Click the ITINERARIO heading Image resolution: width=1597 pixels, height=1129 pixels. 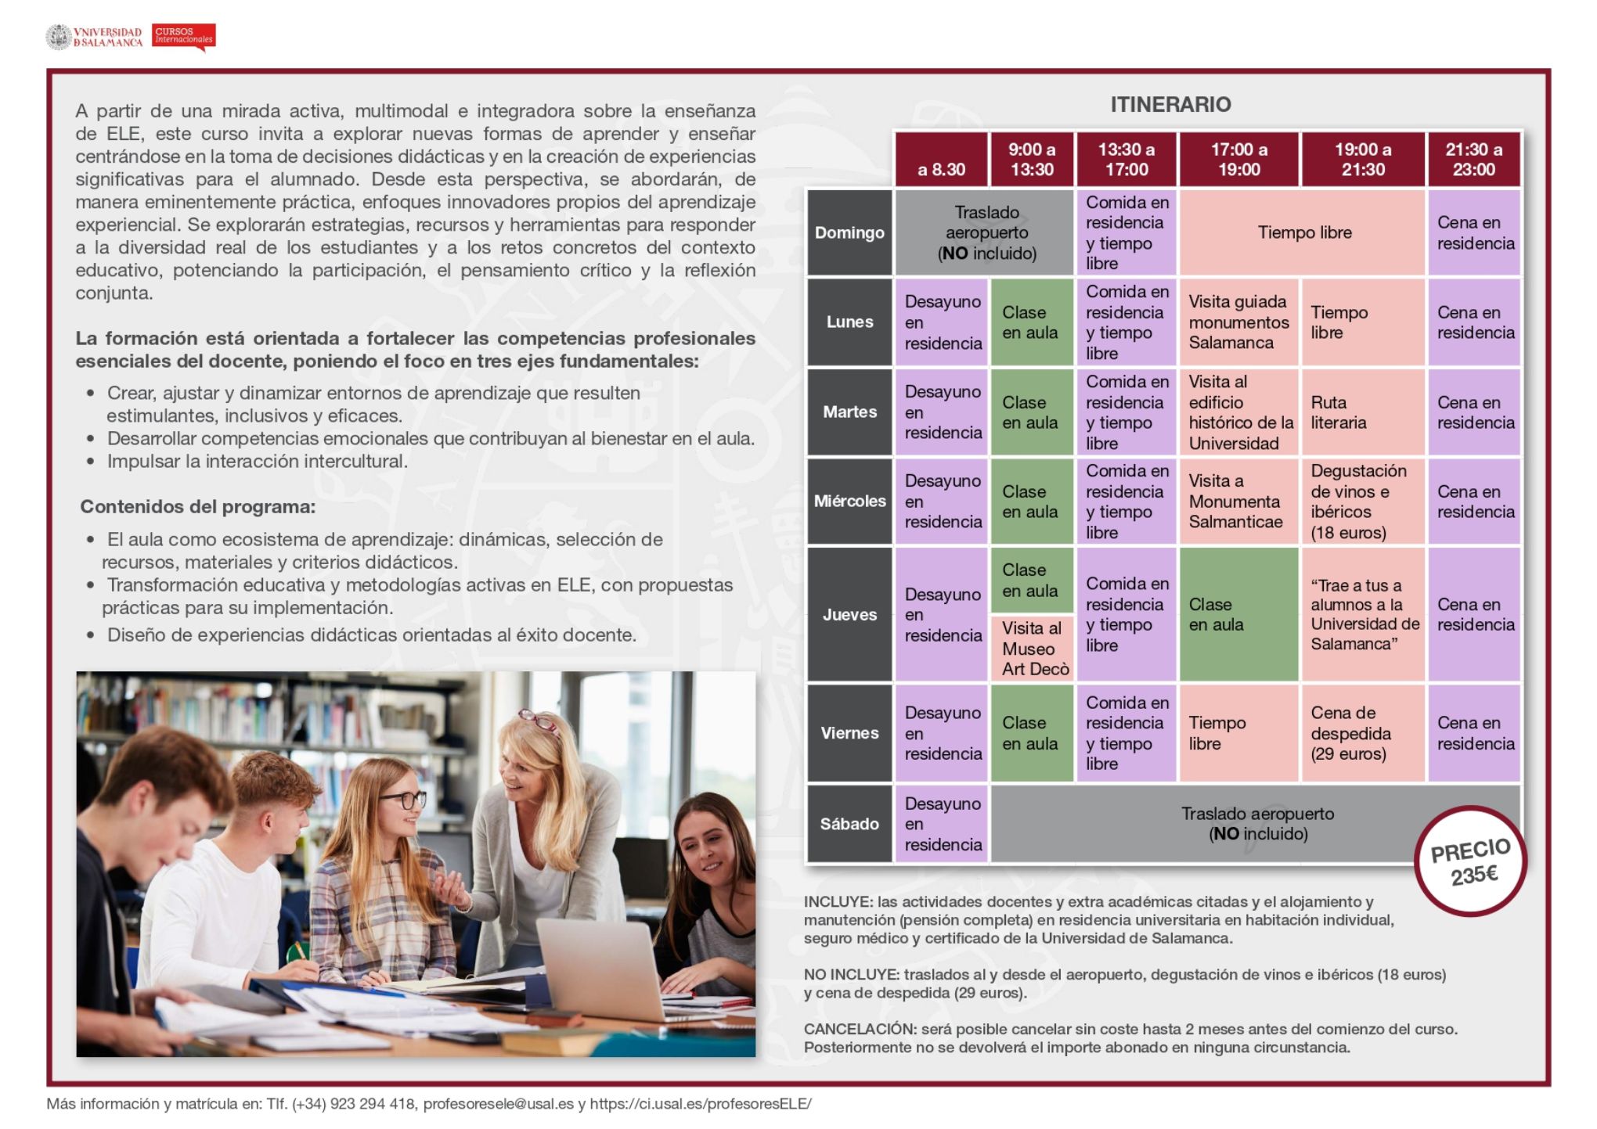(1170, 104)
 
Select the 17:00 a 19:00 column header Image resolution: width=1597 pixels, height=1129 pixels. (1238, 160)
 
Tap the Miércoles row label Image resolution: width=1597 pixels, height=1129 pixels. (849, 502)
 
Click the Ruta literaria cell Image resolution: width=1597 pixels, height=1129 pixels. (1361, 412)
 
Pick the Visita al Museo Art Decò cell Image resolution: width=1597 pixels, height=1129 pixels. (1033, 649)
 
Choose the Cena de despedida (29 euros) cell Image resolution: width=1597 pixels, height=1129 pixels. (1361, 734)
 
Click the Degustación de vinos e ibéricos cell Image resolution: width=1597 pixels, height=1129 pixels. (1361, 502)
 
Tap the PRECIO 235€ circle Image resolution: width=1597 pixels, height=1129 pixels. (1470, 861)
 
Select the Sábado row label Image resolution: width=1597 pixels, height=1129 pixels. (849, 824)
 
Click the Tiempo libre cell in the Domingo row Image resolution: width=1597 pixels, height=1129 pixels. (1303, 233)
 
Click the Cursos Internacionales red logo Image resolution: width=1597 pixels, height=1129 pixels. (183, 36)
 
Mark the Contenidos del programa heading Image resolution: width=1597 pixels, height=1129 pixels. (197, 507)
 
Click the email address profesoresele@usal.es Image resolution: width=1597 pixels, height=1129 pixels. (498, 1104)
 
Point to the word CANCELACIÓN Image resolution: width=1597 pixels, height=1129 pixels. (859, 1029)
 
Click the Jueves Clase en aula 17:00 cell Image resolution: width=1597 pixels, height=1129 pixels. (1238, 615)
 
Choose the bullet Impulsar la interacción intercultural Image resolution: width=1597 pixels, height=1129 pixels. (257, 462)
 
